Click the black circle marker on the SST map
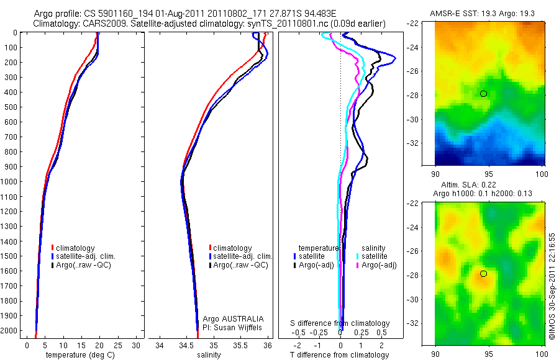click(484, 94)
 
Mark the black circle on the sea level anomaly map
click(484, 274)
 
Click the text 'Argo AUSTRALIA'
click(229, 318)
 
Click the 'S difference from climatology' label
click(340, 323)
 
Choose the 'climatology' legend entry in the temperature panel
click(75, 248)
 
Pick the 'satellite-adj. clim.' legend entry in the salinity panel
click(243, 256)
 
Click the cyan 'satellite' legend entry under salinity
click(373, 256)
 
